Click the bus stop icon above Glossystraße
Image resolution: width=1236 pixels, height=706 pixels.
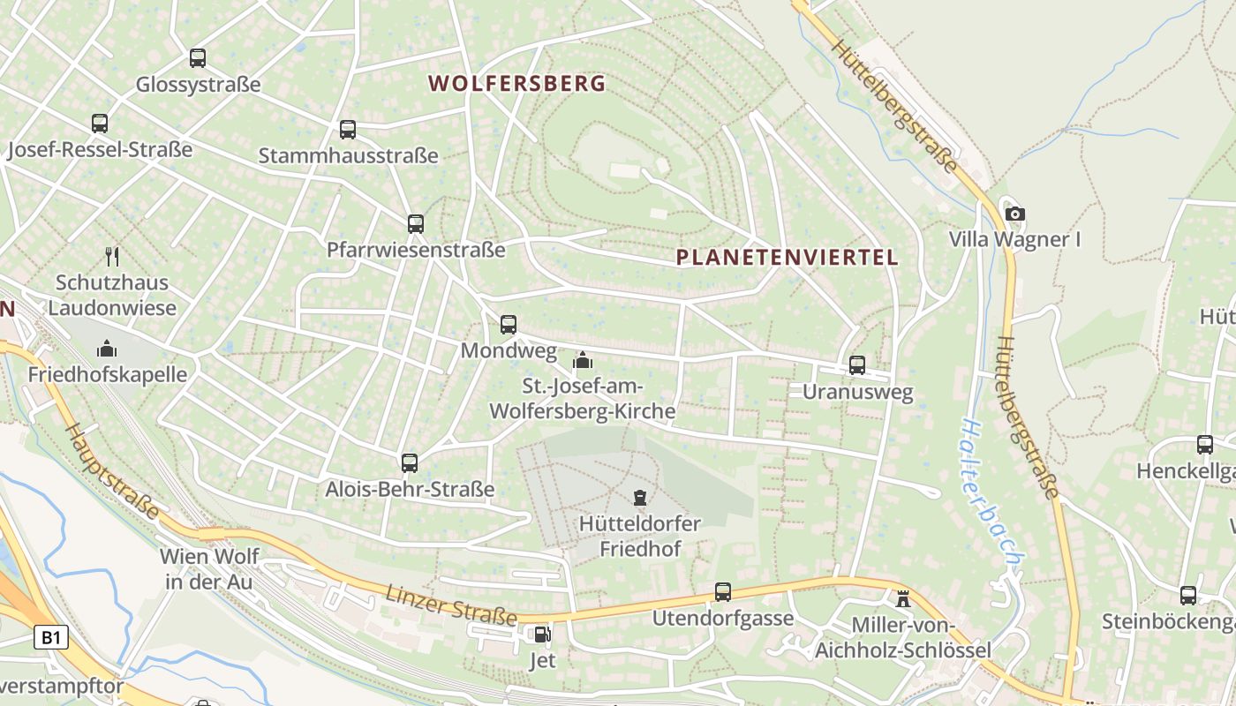[x=198, y=58]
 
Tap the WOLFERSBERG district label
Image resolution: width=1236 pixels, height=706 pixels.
[x=517, y=84]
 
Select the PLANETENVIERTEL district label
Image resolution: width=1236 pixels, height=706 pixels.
[x=787, y=258]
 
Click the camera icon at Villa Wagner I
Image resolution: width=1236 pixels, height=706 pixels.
[x=1015, y=214]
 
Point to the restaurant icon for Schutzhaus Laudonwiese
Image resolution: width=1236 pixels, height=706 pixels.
[x=112, y=257]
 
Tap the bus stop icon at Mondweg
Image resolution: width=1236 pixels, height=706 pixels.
[x=509, y=324]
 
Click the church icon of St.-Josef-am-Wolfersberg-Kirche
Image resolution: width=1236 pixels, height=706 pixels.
[x=582, y=360]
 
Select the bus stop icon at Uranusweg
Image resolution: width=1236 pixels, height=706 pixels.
[x=857, y=364]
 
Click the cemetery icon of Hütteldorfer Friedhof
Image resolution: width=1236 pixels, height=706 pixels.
[x=640, y=498]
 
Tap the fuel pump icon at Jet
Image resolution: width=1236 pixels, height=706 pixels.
[x=541, y=634]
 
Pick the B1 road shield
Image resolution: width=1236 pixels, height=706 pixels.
[x=51, y=637]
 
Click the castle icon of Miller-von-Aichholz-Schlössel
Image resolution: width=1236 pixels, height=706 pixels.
[x=903, y=599]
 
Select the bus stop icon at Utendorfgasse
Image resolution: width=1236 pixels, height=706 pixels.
[x=723, y=591]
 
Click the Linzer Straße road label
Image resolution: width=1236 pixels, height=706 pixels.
[x=451, y=605]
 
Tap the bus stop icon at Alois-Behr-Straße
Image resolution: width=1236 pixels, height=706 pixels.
[x=410, y=462]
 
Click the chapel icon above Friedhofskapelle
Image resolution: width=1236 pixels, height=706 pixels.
[x=107, y=349]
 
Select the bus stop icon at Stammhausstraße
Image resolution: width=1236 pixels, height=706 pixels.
[x=348, y=130]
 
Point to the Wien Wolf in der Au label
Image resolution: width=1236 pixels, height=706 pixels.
[x=210, y=569]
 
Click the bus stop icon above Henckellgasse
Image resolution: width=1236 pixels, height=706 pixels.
[x=1205, y=445]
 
